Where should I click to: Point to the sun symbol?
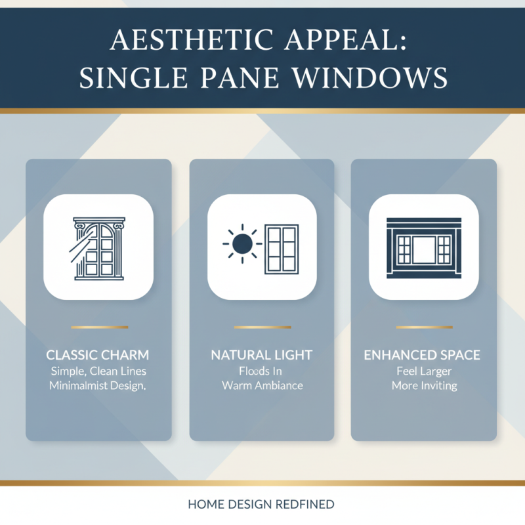tap(242, 245)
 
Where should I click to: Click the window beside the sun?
tap(281, 248)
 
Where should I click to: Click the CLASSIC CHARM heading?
tap(98, 355)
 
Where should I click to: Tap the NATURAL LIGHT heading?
tap(262, 355)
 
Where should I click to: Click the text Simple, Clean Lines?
tap(98, 371)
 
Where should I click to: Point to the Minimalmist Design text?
tap(98, 386)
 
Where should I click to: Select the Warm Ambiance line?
tap(262, 386)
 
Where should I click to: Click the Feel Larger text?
tap(423, 371)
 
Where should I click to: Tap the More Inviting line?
tap(423, 386)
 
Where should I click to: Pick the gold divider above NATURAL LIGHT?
tap(262, 327)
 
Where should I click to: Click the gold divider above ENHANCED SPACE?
tap(423, 327)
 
